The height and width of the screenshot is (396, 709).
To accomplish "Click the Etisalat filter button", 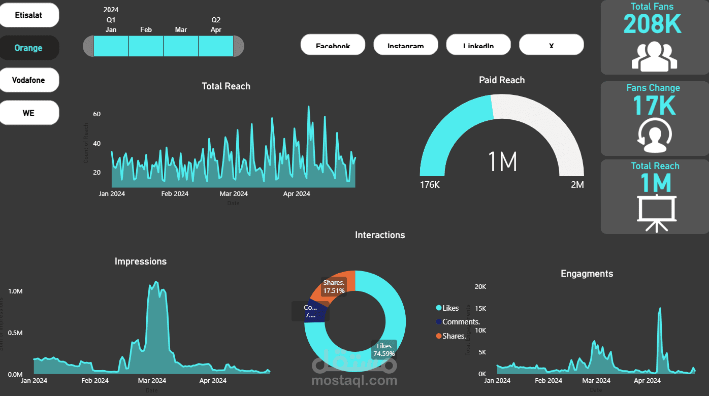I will (x=29, y=15).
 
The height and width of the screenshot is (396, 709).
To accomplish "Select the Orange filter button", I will (x=29, y=48).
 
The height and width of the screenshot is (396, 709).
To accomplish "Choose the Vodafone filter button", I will (x=29, y=80).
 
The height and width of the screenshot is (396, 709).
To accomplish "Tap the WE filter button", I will (x=29, y=113).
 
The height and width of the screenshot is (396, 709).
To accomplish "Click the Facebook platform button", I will (x=333, y=45).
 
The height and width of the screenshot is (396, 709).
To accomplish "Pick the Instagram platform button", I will (x=405, y=45).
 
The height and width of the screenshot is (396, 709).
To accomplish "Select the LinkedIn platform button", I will (x=478, y=45).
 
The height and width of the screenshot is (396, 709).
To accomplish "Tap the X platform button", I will (x=551, y=45).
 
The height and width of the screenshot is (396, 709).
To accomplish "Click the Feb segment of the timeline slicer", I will (x=146, y=46).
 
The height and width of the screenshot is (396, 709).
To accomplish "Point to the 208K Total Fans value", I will (x=652, y=24).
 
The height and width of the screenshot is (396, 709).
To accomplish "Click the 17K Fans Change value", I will (x=654, y=106).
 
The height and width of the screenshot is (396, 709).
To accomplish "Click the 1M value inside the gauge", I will (x=502, y=162).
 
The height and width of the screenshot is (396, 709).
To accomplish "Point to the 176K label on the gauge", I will (x=430, y=185).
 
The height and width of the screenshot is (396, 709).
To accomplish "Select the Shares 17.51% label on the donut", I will (x=334, y=286).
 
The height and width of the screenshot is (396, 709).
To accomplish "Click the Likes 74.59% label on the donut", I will (x=384, y=350).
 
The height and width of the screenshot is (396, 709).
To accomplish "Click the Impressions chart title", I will (x=141, y=261).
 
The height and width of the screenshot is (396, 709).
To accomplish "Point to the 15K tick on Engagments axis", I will (x=480, y=309).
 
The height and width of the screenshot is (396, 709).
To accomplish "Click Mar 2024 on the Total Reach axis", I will (x=234, y=194).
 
